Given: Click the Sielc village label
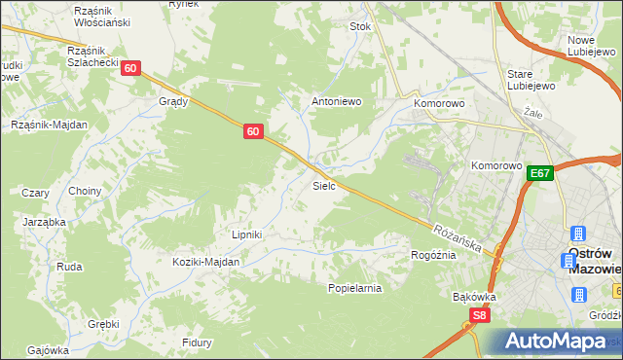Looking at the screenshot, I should [x=324, y=185].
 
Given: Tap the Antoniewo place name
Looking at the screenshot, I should [x=336, y=101].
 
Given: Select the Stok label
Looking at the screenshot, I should [x=361, y=27].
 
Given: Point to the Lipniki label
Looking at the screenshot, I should [x=247, y=234].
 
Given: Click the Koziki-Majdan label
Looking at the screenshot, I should [x=205, y=263].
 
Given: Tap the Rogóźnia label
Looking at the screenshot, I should [x=434, y=255].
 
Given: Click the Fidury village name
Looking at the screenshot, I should [x=198, y=342].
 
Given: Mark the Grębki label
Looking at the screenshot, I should [x=103, y=324].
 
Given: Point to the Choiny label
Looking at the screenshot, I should [x=85, y=192].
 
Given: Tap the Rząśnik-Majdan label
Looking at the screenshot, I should [x=50, y=125].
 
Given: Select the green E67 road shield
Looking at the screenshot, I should [x=541, y=173].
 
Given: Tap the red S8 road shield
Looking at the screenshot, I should [x=479, y=315].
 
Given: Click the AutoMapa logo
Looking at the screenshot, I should [x=556, y=342].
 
